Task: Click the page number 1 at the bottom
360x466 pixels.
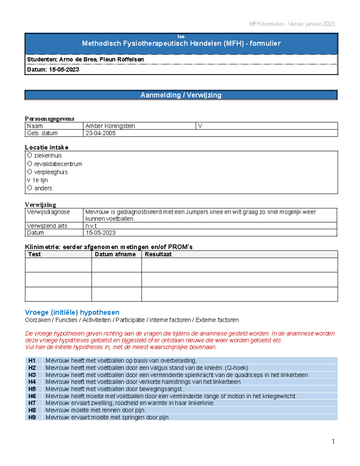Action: tap(333, 441)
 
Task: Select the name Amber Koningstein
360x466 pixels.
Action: tap(110, 126)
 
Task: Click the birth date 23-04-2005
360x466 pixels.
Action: tap(100, 133)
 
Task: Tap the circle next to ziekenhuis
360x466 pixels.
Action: tap(29, 155)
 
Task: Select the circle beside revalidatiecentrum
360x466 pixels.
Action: tap(29, 164)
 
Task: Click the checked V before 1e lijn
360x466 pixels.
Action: tap(28, 180)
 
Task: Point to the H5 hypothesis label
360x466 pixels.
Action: tap(32, 389)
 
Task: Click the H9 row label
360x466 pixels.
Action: tap(32, 417)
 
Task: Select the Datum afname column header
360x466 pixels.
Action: tap(115, 254)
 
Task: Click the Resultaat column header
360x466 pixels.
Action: tap(158, 254)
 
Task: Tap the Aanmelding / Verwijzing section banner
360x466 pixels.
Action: tap(181, 95)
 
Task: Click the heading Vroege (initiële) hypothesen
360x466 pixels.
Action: tap(72, 312)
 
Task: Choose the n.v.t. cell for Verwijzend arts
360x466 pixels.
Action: tap(92, 226)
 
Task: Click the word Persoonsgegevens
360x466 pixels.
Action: tap(49, 119)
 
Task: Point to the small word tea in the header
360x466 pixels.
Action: tap(181, 37)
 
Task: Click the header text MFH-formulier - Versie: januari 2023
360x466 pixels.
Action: tap(292, 24)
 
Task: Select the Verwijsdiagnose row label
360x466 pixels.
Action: tap(48, 212)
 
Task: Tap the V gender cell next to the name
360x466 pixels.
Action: tap(200, 126)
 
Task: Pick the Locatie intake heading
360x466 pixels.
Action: tap(46, 147)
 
